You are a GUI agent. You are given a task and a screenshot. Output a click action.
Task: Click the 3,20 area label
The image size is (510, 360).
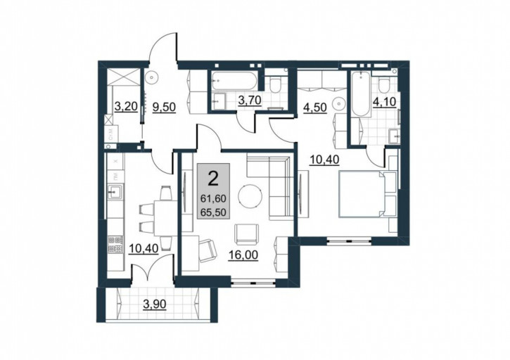pos(126,106)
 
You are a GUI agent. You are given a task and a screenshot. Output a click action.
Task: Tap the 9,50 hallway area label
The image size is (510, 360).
pos(164,106)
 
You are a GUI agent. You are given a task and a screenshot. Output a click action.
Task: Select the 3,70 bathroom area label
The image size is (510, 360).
pos(250,101)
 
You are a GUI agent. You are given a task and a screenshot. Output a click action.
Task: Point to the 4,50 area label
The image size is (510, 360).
pos(315,108)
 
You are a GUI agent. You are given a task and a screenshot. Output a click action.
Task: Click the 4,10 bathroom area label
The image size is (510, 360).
pos(385,102)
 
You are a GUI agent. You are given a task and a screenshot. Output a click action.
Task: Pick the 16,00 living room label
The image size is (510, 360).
pos(243,255)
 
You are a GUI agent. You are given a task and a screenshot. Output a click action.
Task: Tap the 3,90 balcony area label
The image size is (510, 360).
pos(155,304)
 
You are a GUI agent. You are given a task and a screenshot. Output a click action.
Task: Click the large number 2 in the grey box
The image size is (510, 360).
pos(213,179)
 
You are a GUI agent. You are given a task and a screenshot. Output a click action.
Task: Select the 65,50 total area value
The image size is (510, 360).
pos(213,212)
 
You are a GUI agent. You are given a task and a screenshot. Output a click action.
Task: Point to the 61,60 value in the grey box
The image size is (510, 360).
pos(213,198)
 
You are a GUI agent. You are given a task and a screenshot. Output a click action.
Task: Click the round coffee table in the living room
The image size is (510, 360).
pos(250,196)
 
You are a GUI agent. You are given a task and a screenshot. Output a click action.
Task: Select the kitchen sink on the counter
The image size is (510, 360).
pos(115,192)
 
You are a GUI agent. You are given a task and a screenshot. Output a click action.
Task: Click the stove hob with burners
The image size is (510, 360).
pos(115,245)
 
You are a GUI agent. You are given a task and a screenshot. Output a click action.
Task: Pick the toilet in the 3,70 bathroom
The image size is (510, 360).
pos(276,84)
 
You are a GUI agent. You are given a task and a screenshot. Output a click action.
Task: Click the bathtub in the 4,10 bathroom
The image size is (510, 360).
pos(362,94)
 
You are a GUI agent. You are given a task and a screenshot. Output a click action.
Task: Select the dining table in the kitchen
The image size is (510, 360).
pos(165,218)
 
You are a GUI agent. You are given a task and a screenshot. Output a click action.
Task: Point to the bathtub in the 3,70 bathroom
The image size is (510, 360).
pos(234,81)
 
